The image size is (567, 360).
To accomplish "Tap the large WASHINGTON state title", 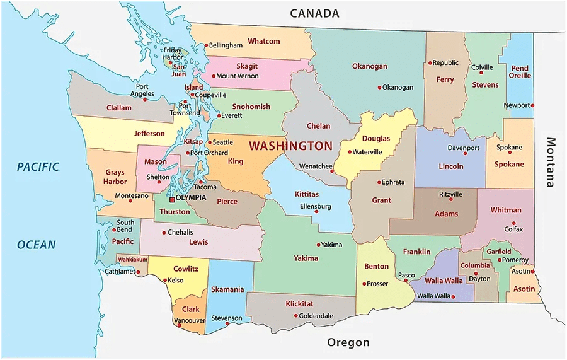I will pyautogui.click(x=290, y=146).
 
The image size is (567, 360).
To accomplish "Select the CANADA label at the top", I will pyautogui.click(x=314, y=13).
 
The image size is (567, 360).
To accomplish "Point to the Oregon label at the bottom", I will pyautogui.click(x=348, y=342).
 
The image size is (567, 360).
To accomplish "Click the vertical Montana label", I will pyautogui.click(x=551, y=162).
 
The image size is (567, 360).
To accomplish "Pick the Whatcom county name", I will pyautogui.click(x=263, y=41).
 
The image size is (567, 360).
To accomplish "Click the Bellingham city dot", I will pyautogui.click(x=205, y=45).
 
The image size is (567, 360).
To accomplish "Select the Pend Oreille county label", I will pyautogui.click(x=520, y=72).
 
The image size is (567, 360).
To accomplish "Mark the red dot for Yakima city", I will pyautogui.click(x=318, y=245).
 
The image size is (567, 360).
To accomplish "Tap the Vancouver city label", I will pyautogui.click(x=190, y=320).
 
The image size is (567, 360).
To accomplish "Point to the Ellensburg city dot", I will pyautogui.click(x=316, y=211).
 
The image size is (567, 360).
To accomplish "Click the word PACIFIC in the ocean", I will pyautogui.click(x=38, y=167).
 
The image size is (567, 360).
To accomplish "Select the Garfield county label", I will pyautogui.click(x=498, y=252).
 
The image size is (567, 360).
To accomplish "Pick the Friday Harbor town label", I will pyautogui.click(x=173, y=54).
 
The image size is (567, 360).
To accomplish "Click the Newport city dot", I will pyautogui.click(x=533, y=105).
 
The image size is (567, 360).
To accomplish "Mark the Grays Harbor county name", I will pyautogui.click(x=115, y=177).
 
